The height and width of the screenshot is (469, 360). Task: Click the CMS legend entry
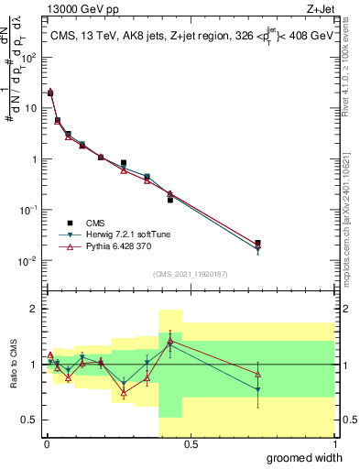pos(95,223)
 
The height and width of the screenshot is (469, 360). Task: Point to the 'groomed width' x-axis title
pos(305,457)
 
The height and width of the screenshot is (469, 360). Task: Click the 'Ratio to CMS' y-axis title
pos(15,365)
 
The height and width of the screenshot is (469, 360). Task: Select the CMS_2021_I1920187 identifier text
pos(189,274)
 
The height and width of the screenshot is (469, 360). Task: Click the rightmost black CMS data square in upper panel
pos(257,243)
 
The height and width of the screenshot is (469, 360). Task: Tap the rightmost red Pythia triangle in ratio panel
pos(257,374)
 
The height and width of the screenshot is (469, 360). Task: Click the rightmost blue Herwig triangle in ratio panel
pos(257,390)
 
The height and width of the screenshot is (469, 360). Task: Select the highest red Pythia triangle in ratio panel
pos(170,341)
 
